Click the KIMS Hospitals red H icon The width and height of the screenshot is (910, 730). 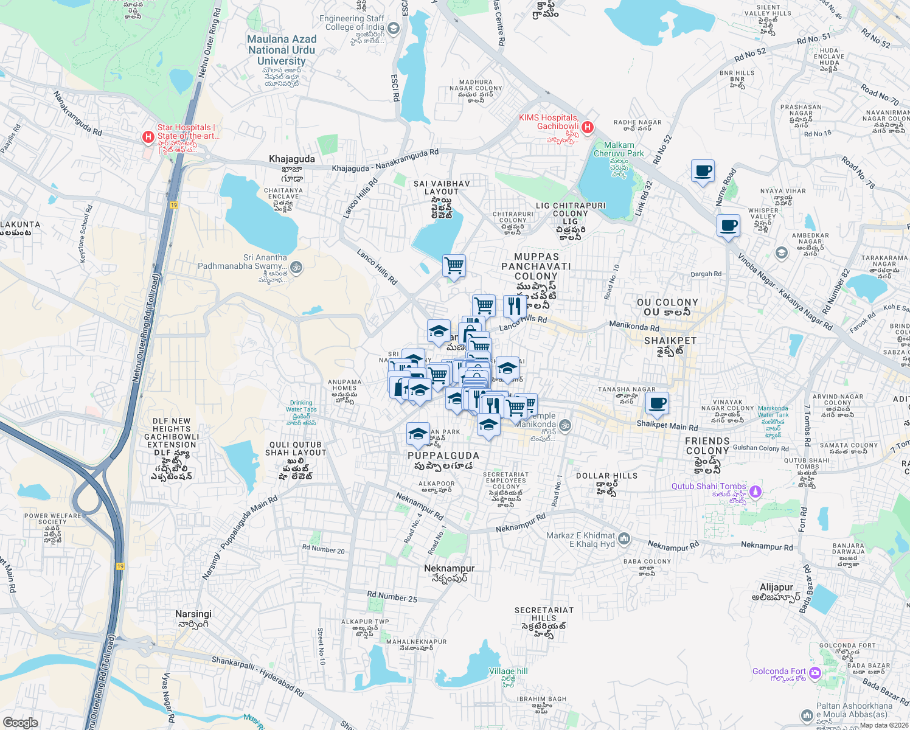(x=587, y=127)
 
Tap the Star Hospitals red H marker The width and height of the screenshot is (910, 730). (x=148, y=137)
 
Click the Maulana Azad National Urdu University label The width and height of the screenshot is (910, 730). (x=282, y=50)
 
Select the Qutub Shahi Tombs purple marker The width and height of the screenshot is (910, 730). (x=755, y=491)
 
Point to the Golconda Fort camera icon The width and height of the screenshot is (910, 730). (x=815, y=673)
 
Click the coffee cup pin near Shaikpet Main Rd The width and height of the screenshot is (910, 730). (x=656, y=403)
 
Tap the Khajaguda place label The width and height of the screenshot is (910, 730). (x=292, y=159)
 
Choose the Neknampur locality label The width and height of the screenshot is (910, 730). (x=449, y=568)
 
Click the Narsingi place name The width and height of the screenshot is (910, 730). (x=193, y=614)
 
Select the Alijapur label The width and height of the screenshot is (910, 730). (x=776, y=587)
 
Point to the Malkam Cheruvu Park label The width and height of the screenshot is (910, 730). (x=619, y=149)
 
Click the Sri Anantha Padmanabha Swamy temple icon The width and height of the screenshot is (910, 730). (x=296, y=266)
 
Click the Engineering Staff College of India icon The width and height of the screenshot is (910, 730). (x=393, y=28)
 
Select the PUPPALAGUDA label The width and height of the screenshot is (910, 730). (x=443, y=456)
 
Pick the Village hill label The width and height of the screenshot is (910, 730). (x=509, y=671)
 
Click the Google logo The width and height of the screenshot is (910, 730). (x=20, y=723)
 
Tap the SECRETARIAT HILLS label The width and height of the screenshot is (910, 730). (x=544, y=614)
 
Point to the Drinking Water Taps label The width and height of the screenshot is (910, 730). (x=301, y=406)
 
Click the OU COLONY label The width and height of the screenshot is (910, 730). (x=667, y=302)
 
